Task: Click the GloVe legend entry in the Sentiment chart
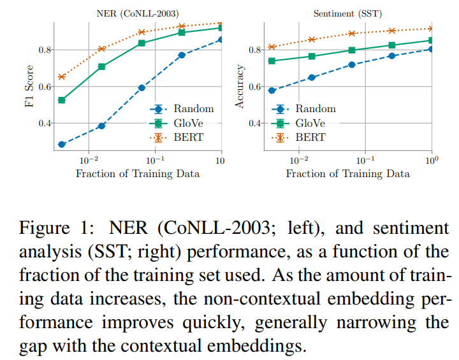(x=312, y=123)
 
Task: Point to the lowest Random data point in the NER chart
(x=61, y=145)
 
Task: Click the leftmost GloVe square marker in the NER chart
(x=61, y=100)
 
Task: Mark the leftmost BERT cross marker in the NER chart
(x=61, y=77)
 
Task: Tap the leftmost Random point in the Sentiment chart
(x=272, y=90)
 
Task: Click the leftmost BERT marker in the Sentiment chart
(x=272, y=47)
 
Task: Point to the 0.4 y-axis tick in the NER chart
(x=43, y=123)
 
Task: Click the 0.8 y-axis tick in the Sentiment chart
(x=254, y=50)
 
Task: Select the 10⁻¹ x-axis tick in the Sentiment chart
(x=365, y=159)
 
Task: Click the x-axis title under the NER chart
(x=138, y=173)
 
